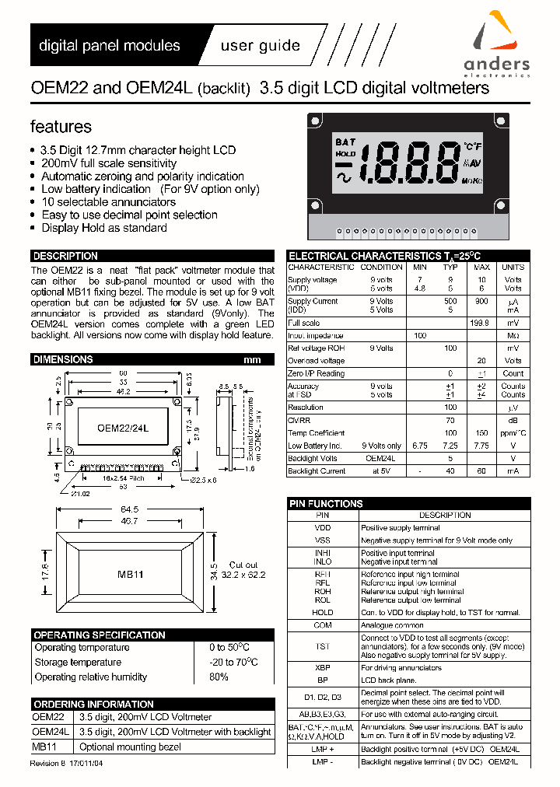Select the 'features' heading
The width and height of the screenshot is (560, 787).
(61, 127)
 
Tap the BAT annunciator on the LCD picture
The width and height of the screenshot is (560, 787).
(345, 142)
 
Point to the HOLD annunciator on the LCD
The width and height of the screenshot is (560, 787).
(345, 154)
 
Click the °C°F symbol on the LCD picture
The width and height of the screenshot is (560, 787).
(472, 146)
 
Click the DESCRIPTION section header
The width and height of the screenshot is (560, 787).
(65, 256)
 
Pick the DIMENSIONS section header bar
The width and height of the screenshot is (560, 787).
(63, 359)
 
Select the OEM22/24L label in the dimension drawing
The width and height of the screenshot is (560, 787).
(123, 428)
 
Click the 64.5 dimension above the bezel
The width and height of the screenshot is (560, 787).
(129, 509)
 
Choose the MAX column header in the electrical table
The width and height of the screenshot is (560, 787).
(481, 267)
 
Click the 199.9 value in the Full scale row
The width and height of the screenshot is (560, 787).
(481, 323)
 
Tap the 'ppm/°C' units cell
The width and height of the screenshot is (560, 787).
(513, 433)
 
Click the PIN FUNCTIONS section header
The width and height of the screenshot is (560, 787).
(326, 504)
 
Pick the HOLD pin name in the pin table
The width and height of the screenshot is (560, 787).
(323, 613)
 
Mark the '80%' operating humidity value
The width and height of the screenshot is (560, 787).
(219, 677)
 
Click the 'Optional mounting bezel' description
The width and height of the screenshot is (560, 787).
(131, 747)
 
